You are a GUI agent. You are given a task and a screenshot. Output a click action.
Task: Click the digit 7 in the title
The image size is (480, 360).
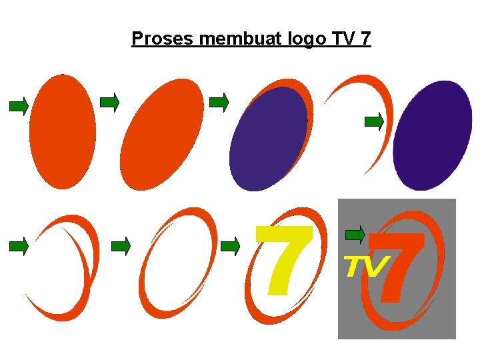(x=365, y=39)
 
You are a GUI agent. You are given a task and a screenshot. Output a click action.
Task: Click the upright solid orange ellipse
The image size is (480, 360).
(x=63, y=131)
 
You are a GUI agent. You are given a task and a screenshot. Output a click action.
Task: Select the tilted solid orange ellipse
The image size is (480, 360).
(x=162, y=134)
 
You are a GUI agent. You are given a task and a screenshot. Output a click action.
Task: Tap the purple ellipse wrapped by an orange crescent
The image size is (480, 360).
(x=268, y=139)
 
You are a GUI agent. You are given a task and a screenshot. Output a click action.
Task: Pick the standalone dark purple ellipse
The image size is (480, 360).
(x=433, y=135)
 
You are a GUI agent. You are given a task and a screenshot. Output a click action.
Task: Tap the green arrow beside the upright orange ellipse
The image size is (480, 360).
(x=19, y=106)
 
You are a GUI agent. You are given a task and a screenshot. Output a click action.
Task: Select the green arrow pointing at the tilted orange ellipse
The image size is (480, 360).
(x=109, y=102)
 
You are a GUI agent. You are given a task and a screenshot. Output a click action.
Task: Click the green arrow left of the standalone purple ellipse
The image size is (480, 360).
(x=374, y=122)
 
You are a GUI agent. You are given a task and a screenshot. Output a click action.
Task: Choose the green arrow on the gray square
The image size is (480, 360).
(x=355, y=235)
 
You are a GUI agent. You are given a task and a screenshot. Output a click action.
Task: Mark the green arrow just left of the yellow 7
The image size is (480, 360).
(x=230, y=246)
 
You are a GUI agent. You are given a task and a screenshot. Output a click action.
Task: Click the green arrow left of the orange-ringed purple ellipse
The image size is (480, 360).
(x=219, y=102)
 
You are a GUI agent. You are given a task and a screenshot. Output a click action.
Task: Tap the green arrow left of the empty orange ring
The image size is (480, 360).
(x=121, y=246)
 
